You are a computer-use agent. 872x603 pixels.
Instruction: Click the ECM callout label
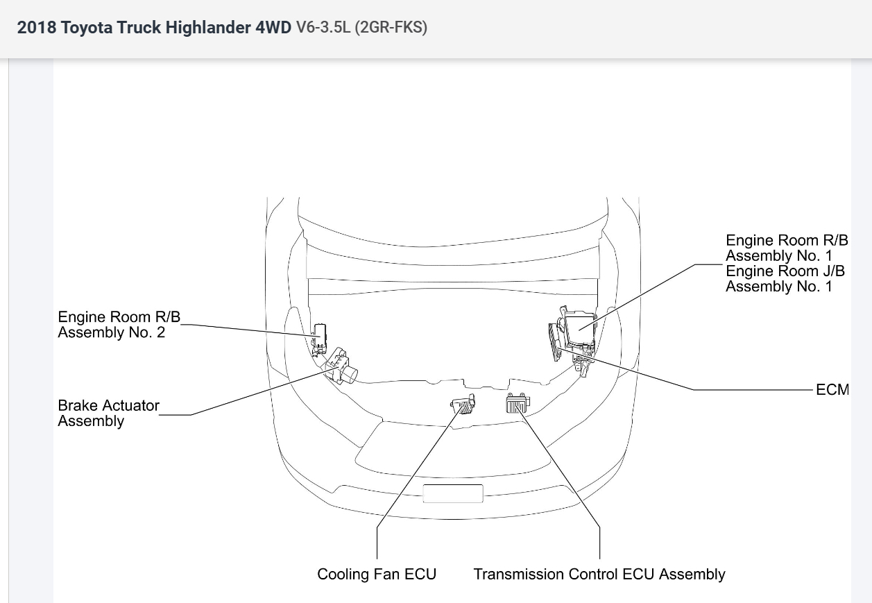[x=832, y=389]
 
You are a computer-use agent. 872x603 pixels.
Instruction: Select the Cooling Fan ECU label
[x=377, y=575]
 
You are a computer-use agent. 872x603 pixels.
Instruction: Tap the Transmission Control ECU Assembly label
[x=599, y=575]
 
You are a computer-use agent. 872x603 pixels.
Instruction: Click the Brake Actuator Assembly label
[x=108, y=413]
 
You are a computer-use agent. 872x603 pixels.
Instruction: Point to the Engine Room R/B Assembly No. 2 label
[x=119, y=324]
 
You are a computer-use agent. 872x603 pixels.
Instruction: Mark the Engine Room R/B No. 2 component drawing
[x=320, y=337]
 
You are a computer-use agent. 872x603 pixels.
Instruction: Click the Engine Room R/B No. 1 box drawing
[x=580, y=328]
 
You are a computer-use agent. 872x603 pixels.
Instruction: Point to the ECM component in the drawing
[x=554, y=342]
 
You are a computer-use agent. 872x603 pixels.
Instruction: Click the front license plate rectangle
[x=452, y=493]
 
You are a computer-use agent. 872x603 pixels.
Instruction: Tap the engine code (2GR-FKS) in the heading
[x=391, y=28]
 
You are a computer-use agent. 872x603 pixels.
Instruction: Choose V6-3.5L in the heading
[x=323, y=28]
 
